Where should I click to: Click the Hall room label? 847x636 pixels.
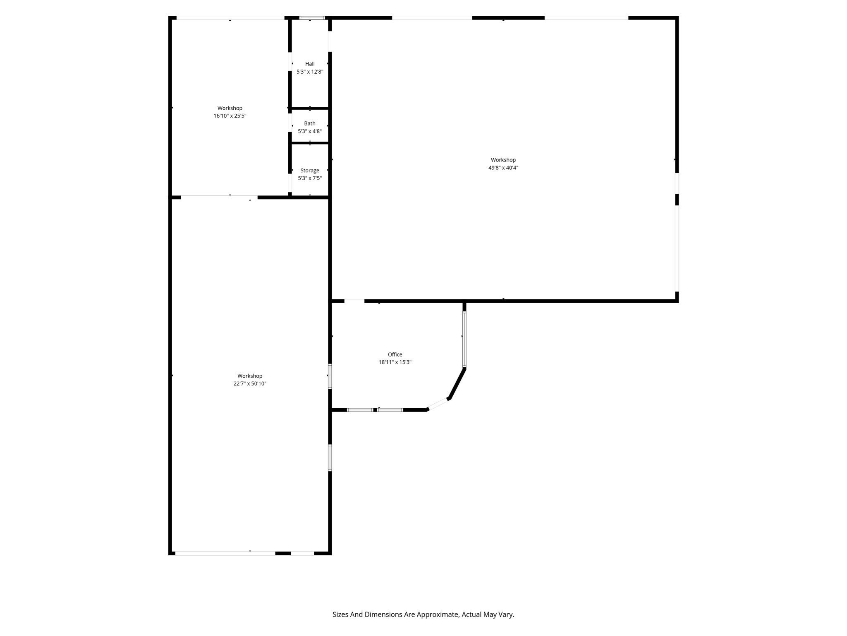pyautogui.click(x=310, y=64)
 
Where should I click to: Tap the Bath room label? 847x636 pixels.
pyautogui.click(x=310, y=123)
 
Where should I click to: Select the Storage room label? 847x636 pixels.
pyautogui.click(x=310, y=171)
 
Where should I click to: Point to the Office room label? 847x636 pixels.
pyautogui.click(x=395, y=354)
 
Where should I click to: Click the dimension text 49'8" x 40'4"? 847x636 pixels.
pyautogui.click(x=503, y=168)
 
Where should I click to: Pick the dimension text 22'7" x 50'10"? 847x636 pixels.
pyautogui.click(x=250, y=384)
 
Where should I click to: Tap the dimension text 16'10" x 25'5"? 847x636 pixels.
pyautogui.click(x=230, y=116)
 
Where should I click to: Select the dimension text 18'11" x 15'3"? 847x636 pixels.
pyautogui.click(x=395, y=362)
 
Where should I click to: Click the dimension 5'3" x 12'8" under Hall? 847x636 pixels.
pyautogui.click(x=310, y=72)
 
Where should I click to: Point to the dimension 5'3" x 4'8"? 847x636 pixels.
pyautogui.click(x=310, y=131)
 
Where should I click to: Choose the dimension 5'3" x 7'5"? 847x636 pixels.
pyautogui.click(x=310, y=178)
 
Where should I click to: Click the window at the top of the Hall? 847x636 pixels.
pyautogui.click(x=312, y=18)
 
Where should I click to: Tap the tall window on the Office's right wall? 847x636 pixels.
pyautogui.click(x=464, y=340)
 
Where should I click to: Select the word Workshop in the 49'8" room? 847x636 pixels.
pyautogui.click(x=503, y=160)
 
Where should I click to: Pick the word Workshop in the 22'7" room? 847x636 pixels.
pyautogui.click(x=250, y=376)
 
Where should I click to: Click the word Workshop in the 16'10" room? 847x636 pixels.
pyautogui.click(x=230, y=108)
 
